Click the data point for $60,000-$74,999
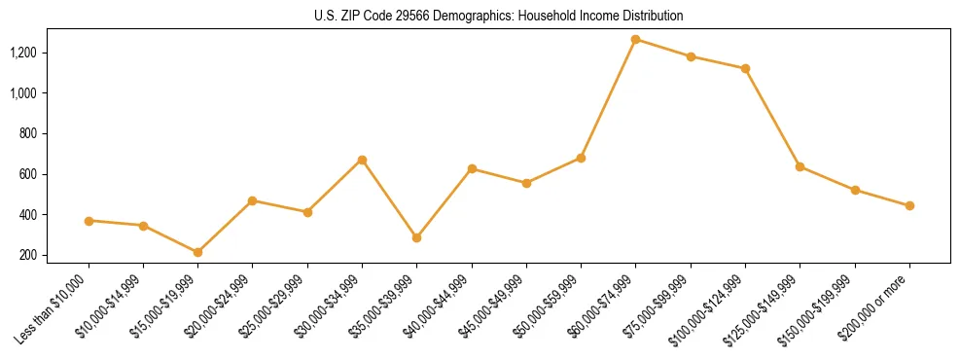tap(636, 40)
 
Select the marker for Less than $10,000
tap(89, 221)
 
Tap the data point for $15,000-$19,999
tap(198, 252)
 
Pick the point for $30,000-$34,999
tap(362, 160)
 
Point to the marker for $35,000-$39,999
tap(417, 237)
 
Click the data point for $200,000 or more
tap(909, 206)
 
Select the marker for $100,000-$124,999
tap(745, 69)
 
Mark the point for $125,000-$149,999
tap(800, 166)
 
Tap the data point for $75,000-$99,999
tap(691, 56)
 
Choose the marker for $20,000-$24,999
tap(253, 200)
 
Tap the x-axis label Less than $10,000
tap(51, 308)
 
